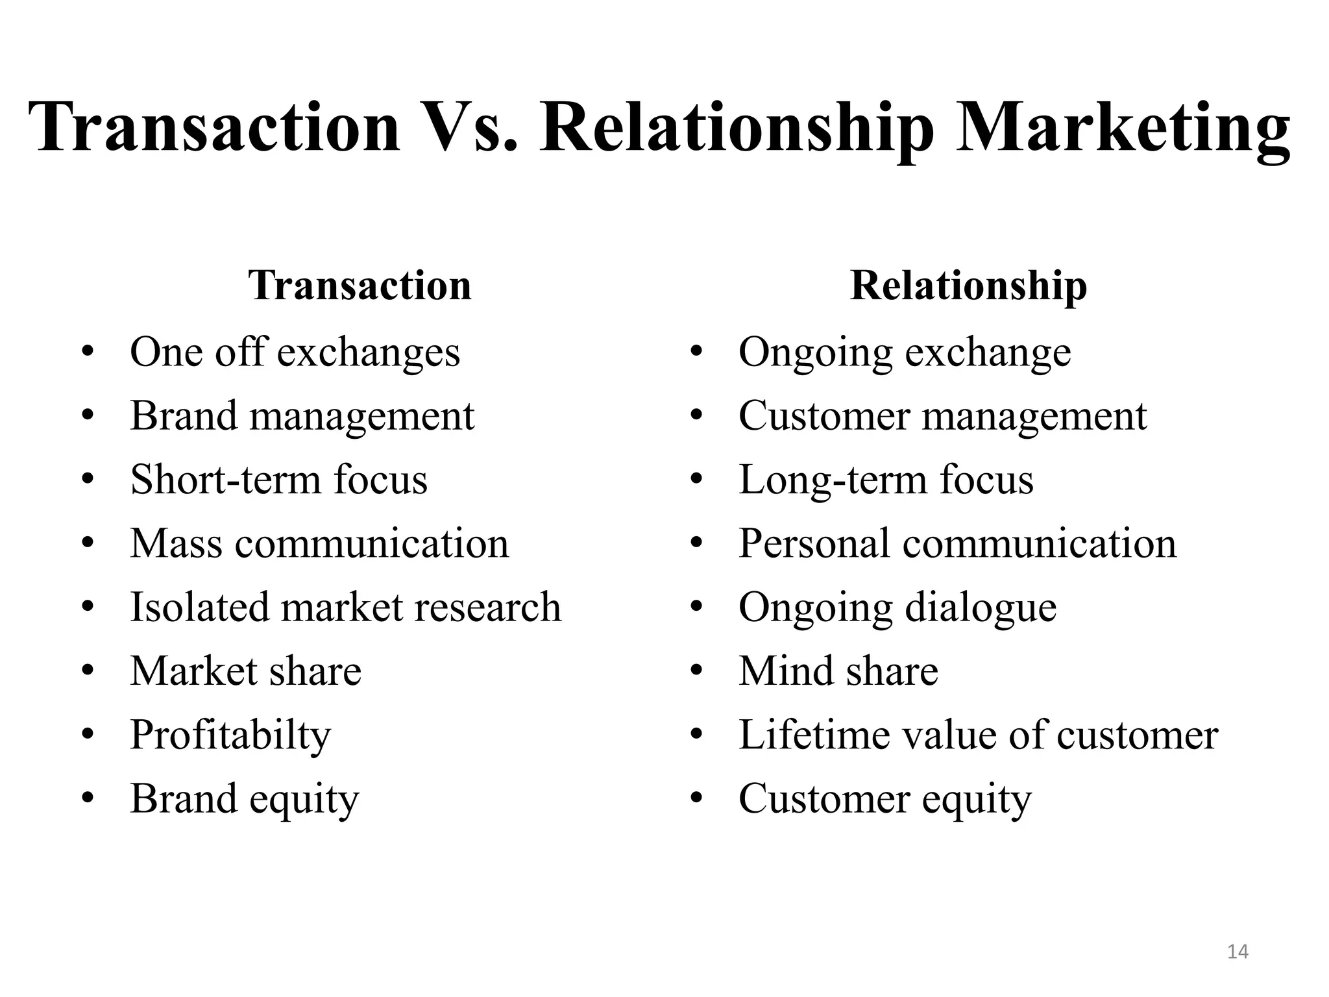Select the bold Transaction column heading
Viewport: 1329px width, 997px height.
click(x=360, y=286)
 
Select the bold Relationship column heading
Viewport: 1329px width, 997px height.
click(x=968, y=286)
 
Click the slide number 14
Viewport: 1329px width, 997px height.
click(x=1238, y=952)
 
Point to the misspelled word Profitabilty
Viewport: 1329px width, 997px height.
click(x=230, y=736)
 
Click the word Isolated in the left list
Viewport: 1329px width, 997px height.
click(x=199, y=607)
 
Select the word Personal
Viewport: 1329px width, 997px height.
click(x=814, y=543)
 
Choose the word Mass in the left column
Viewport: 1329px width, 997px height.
click(x=176, y=543)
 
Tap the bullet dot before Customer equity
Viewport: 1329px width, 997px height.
click(x=697, y=799)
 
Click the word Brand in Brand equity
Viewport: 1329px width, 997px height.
click(x=184, y=798)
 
